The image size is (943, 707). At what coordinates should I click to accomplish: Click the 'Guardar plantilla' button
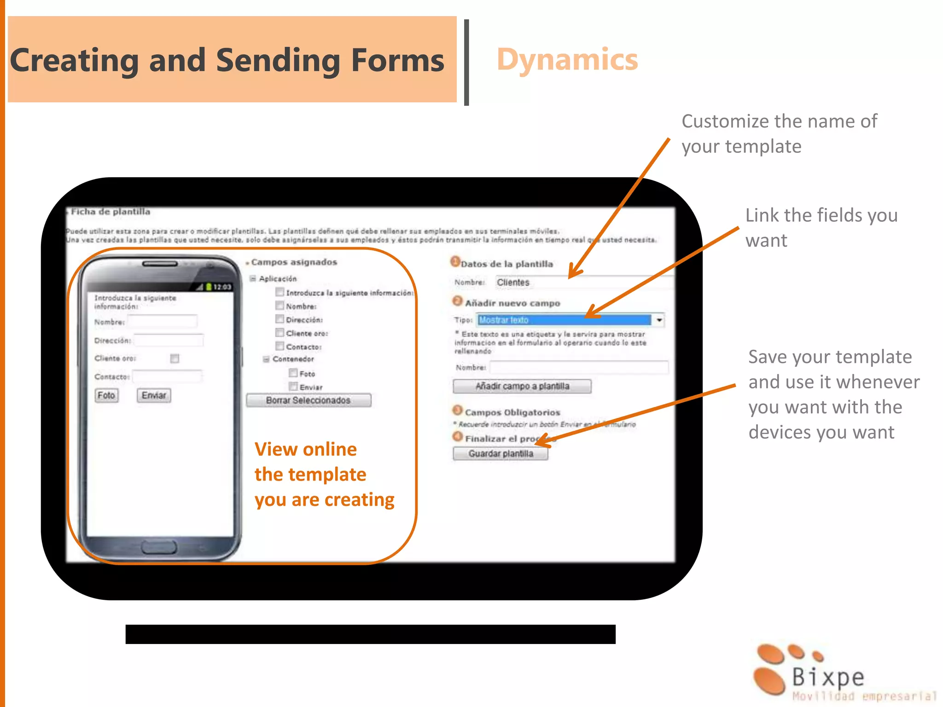501,454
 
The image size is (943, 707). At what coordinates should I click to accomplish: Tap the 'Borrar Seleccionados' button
309,400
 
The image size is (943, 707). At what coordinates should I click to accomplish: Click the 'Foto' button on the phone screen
106,395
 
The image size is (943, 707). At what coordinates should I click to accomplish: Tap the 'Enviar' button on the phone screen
154,395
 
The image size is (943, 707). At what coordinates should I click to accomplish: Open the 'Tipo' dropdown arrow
659,320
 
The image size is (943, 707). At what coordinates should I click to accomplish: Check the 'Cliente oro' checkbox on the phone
175,359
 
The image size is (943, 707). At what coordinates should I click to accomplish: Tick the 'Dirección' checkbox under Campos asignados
279,319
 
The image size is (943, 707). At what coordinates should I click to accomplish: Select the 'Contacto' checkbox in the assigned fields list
279,346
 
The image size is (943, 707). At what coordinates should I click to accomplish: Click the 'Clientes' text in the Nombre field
513,282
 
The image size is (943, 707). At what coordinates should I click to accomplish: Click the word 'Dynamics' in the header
567,60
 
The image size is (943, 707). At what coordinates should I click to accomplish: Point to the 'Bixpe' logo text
828,677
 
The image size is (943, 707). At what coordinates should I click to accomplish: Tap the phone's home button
159,547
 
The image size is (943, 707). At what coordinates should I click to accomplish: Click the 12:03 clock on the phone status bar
222,287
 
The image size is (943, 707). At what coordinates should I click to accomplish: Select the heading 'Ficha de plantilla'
111,212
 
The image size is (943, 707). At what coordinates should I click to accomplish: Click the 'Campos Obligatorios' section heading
512,412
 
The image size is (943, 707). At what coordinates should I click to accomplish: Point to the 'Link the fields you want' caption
821,227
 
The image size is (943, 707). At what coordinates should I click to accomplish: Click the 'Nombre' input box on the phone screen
163,321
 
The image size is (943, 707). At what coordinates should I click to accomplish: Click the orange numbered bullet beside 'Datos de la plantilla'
455,262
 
